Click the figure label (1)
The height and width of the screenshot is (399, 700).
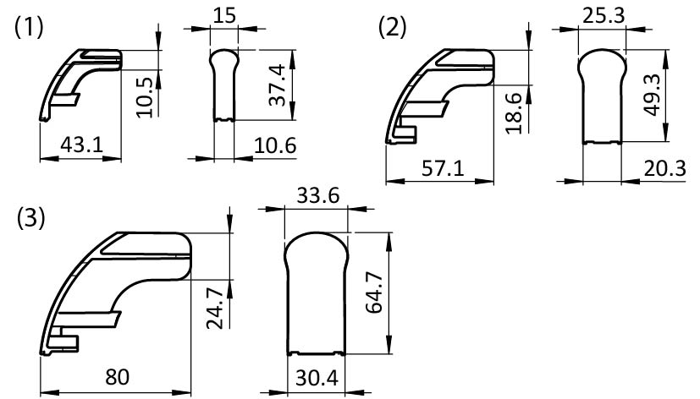tap(29, 27)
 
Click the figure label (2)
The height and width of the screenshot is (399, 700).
tap(393, 27)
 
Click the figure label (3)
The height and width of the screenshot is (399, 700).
tap(30, 218)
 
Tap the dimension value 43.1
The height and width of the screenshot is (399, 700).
tap(82, 145)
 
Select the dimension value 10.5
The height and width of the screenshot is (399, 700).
tap(145, 96)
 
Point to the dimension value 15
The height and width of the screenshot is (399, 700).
tap(223, 15)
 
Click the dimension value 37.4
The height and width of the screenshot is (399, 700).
tap(278, 85)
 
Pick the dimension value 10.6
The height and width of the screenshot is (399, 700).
tap(275, 145)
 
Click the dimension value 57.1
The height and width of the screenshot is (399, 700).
tap(443, 168)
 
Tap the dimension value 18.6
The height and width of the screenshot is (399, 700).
tap(515, 113)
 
